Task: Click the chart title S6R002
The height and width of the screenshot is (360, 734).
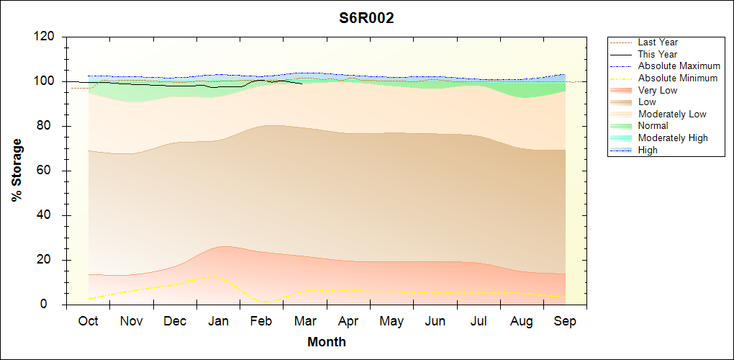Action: click(366, 19)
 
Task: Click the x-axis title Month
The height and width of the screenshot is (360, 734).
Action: click(326, 342)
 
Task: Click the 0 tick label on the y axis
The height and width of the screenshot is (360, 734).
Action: click(50, 305)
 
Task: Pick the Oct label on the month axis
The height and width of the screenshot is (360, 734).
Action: click(89, 321)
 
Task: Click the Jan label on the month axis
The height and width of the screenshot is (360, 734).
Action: click(218, 321)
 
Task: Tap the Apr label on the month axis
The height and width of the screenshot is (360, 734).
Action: click(348, 321)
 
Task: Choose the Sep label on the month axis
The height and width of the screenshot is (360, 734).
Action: click(565, 321)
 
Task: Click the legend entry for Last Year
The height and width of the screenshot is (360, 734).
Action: click(658, 42)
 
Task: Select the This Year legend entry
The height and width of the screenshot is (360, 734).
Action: click(658, 55)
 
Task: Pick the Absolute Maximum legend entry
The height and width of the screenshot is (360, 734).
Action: click(679, 66)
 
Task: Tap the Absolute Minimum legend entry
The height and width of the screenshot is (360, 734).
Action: click(678, 78)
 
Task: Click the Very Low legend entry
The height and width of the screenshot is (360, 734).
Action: click(658, 90)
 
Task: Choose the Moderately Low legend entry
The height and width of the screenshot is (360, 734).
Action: click(672, 114)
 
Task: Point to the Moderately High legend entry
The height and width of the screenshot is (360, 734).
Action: click(673, 138)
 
